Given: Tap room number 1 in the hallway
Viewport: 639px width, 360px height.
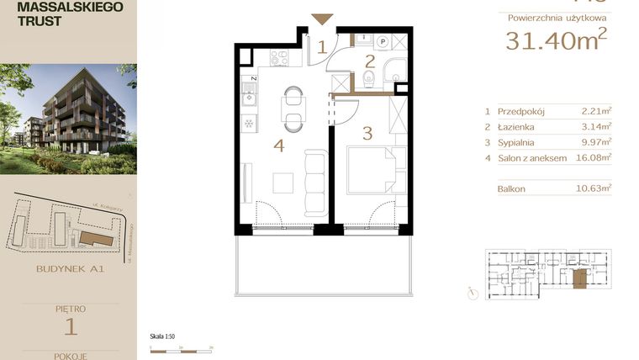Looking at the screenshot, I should click(x=321, y=47).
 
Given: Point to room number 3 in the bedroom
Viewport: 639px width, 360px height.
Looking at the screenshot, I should click(x=367, y=132).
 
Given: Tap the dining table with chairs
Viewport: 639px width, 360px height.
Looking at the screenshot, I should click(x=292, y=107).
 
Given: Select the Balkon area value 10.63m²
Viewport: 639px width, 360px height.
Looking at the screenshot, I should click(x=595, y=189).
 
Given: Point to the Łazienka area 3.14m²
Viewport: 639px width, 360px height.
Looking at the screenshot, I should click(x=595, y=126).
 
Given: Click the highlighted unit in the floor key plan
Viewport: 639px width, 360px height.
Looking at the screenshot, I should click(x=579, y=278).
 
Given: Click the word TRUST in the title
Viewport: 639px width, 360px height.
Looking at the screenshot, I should click(x=39, y=21).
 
